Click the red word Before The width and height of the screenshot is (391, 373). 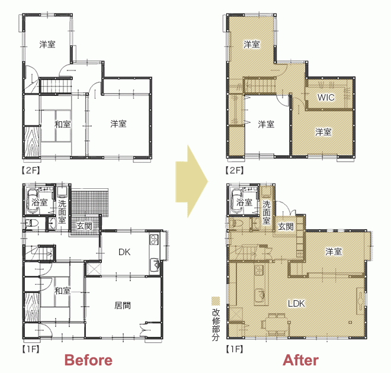(88, 361)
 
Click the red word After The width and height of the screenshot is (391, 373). (301, 361)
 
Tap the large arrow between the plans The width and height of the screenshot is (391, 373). (191, 182)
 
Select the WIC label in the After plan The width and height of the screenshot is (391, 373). (326, 98)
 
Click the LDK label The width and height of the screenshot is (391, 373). (296, 304)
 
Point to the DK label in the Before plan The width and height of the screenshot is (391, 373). (124, 252)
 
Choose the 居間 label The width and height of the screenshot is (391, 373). (123, 306)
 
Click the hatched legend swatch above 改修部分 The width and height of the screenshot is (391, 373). (216, 301)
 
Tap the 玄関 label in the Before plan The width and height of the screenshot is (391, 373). (84, 226)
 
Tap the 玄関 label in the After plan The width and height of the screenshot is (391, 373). (286, 227)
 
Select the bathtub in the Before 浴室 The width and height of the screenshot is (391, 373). (32, 201)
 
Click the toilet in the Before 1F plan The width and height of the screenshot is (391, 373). (31, 223)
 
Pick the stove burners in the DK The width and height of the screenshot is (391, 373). (154, 239)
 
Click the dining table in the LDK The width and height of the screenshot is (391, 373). (276, 324)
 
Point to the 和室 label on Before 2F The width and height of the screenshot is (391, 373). (62, 124)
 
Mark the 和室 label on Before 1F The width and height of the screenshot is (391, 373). (62, 291)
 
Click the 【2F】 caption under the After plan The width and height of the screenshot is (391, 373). (235, 171)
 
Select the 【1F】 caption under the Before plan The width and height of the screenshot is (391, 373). (31, 349)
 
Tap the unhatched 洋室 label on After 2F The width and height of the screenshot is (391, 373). (266, 124)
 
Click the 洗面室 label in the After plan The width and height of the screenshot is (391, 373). (267, 213)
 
